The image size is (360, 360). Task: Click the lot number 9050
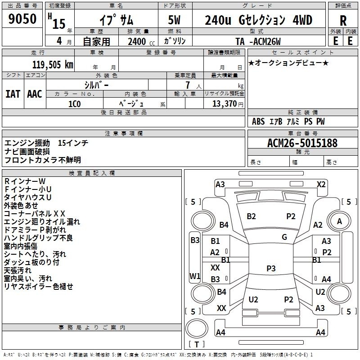[x=22, y=18]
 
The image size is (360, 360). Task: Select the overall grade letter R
[x=343, y=21]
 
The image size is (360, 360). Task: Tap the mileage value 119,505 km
[x=53, y=64]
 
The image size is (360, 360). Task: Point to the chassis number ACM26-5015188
[x=302, y=143]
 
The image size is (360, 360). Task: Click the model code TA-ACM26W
[x=258, y=41]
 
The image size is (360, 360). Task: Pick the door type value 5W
[x=174, y=20]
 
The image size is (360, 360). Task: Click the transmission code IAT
[x=13, y=94]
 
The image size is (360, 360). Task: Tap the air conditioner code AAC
[x=35, y=94]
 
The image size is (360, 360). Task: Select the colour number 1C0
[x=75, y=104]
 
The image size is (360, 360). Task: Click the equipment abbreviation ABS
[x=258, y=121]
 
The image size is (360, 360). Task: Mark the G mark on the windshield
[x=284, y=237]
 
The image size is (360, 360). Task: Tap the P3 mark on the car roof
[x=271, y=268]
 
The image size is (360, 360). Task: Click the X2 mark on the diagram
[x=321, y=184]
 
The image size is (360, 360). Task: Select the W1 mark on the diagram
[x=195, y=276]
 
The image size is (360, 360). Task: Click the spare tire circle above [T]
[x=197, y=328]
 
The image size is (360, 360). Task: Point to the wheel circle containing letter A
[x=339, y=221]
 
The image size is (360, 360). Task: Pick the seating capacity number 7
[x=188, y=85]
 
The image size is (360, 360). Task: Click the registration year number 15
[x=59, y=24]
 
